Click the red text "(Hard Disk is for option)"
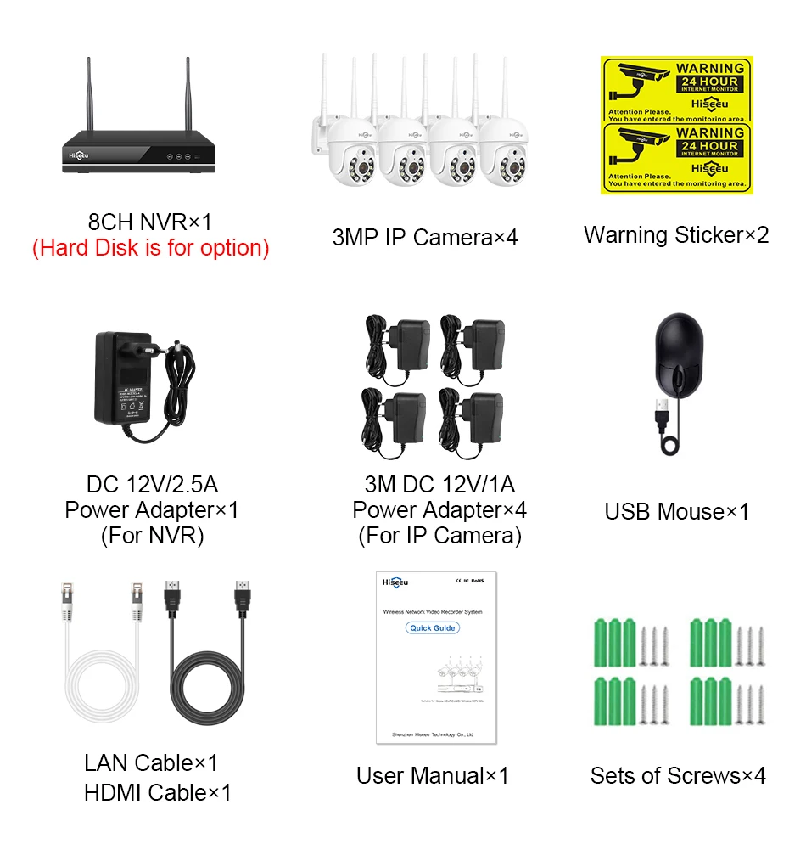pos(150,249)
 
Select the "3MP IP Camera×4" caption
pos(424,237)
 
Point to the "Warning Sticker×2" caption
pos(676,235)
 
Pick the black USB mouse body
pos(676,352)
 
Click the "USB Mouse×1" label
pos(676,512)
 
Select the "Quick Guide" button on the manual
pos(433,628)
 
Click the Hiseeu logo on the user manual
pos(395,582)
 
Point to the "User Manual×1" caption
pos(433,775)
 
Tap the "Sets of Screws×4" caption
pos(677,775)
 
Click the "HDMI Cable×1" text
pos(157,793)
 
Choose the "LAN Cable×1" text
pos(151,762)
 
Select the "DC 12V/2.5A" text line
pos(152,485)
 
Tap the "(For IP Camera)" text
pos(439,536)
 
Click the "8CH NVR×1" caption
pos(150,222)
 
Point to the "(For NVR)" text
pos(152,536)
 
